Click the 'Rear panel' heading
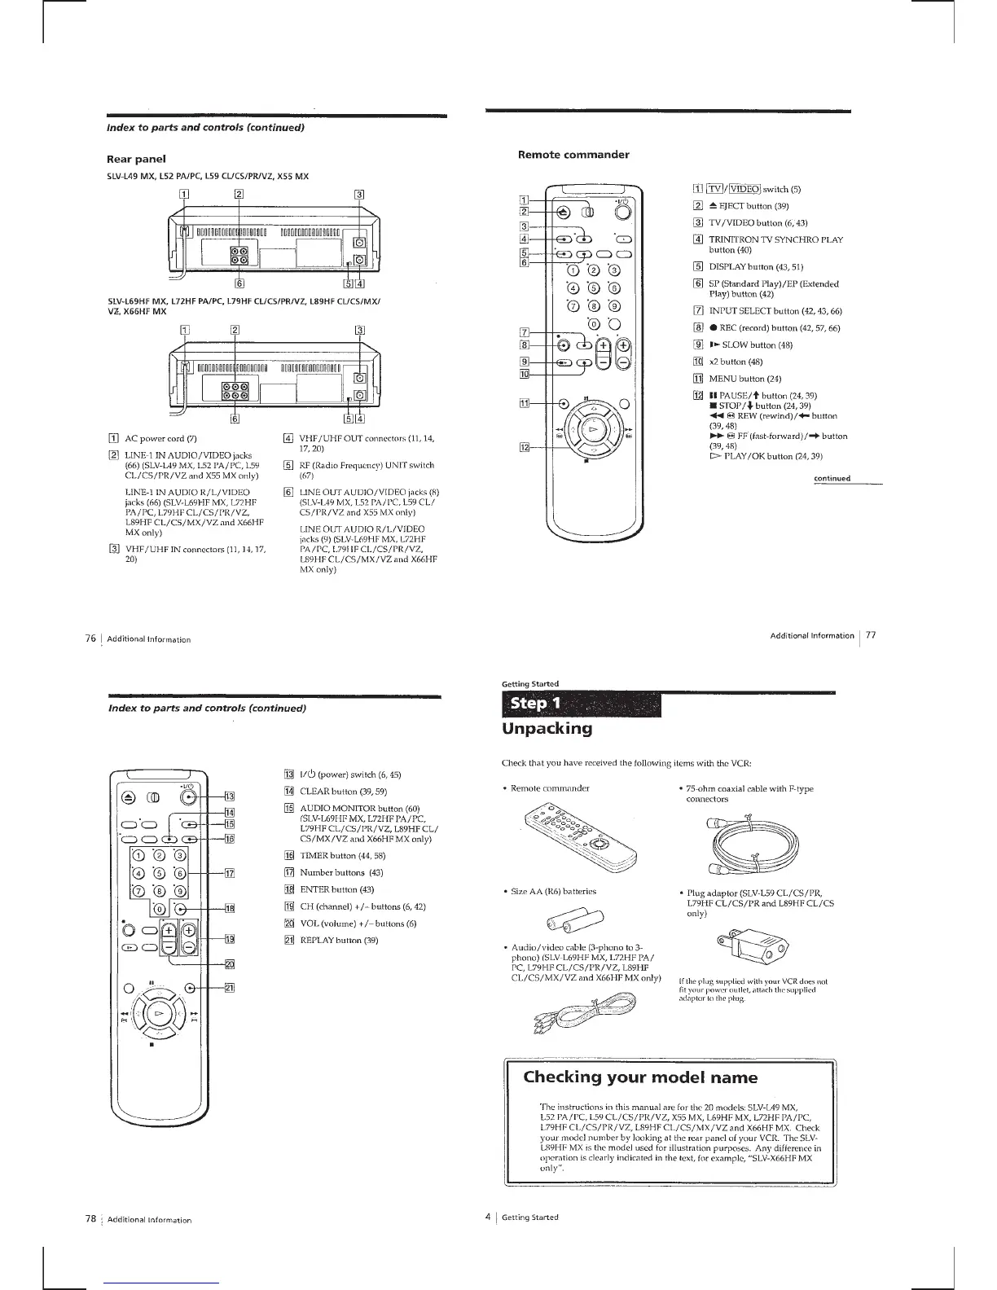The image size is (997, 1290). [x=136, y=159]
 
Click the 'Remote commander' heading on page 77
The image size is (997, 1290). [x=573, y=154]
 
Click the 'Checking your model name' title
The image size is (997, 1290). [x=640, y=1077]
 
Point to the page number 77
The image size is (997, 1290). [x=871, y=635]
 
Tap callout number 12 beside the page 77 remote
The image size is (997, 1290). [x=525, y=447]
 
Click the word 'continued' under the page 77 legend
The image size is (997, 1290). [x=832, y=478]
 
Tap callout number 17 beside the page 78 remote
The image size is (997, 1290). [x=230, y=874]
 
